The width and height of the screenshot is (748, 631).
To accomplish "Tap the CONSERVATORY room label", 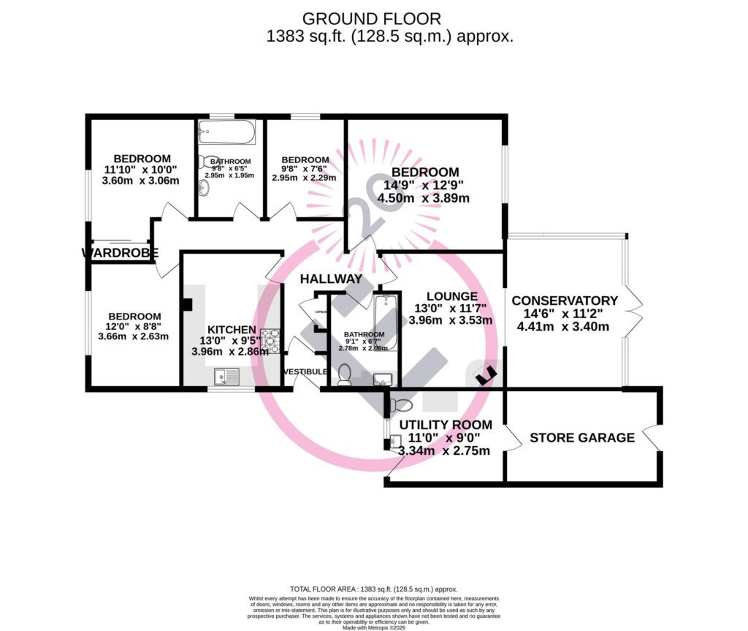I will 565,301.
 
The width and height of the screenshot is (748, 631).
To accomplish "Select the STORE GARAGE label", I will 582,438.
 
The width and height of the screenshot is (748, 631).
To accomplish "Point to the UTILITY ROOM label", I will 446,425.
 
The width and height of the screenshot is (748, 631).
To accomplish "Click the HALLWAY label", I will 331,279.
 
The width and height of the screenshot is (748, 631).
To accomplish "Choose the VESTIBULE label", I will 305,372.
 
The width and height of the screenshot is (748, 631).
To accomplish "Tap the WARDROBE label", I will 120,253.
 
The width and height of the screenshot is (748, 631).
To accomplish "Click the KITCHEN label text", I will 232,330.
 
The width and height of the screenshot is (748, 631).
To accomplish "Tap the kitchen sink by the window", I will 227,377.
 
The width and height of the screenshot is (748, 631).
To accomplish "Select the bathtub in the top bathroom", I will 226,133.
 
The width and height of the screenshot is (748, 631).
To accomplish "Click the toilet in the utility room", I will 402,405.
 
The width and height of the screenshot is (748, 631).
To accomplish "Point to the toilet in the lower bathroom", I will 345,375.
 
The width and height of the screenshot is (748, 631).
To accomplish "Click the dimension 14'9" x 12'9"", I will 425,185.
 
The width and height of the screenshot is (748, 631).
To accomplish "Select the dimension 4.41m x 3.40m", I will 562,327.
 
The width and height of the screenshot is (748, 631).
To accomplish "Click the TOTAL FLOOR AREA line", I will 373,589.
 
